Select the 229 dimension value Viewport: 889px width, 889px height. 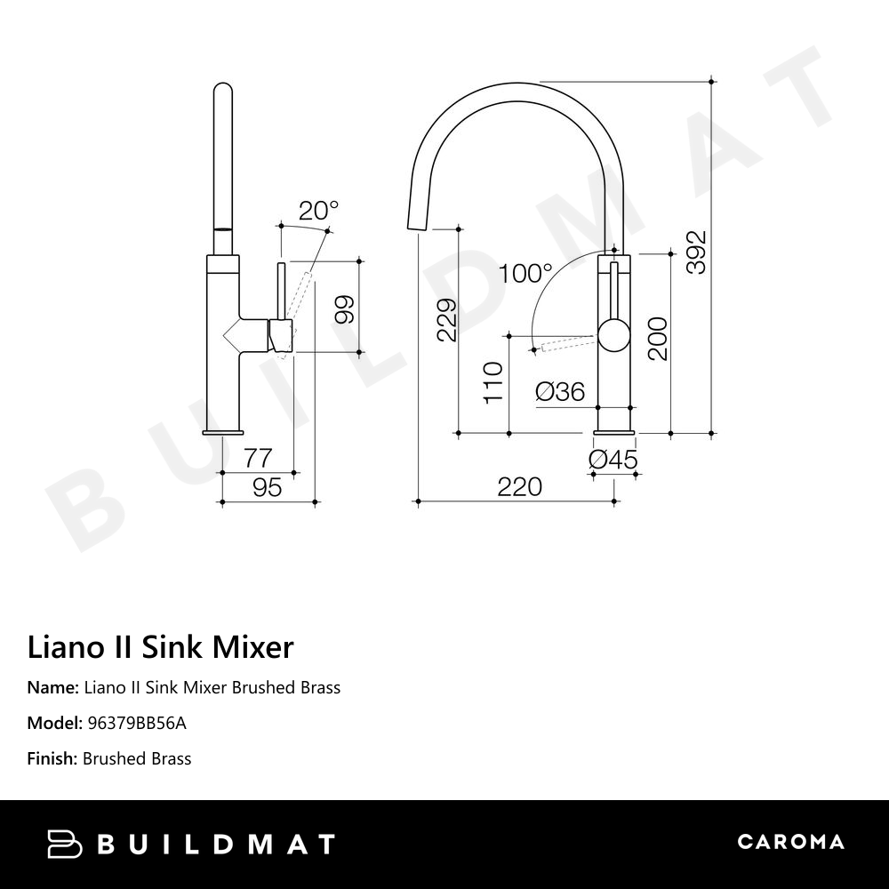coord(446,319)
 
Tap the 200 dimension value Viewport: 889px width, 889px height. coord(658,339)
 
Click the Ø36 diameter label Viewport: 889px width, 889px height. coord(560,391)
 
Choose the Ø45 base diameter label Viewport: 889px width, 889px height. coord(613,460)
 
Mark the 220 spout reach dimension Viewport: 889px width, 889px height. coord(519,486)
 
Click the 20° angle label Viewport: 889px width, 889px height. coord(318,211)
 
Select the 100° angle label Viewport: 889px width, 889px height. coord(525,273)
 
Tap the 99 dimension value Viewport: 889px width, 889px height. coord(345,308)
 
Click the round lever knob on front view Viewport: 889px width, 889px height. coord(613,335)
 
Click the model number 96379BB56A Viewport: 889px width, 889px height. coord(136,723)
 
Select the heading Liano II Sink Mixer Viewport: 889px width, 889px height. coord(160,647)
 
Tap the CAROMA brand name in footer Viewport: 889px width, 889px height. coord(790,842)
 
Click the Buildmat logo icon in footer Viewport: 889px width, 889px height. coord(65,844)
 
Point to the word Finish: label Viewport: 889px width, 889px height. coord(52,758)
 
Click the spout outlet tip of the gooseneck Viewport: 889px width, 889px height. coord(413,228)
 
